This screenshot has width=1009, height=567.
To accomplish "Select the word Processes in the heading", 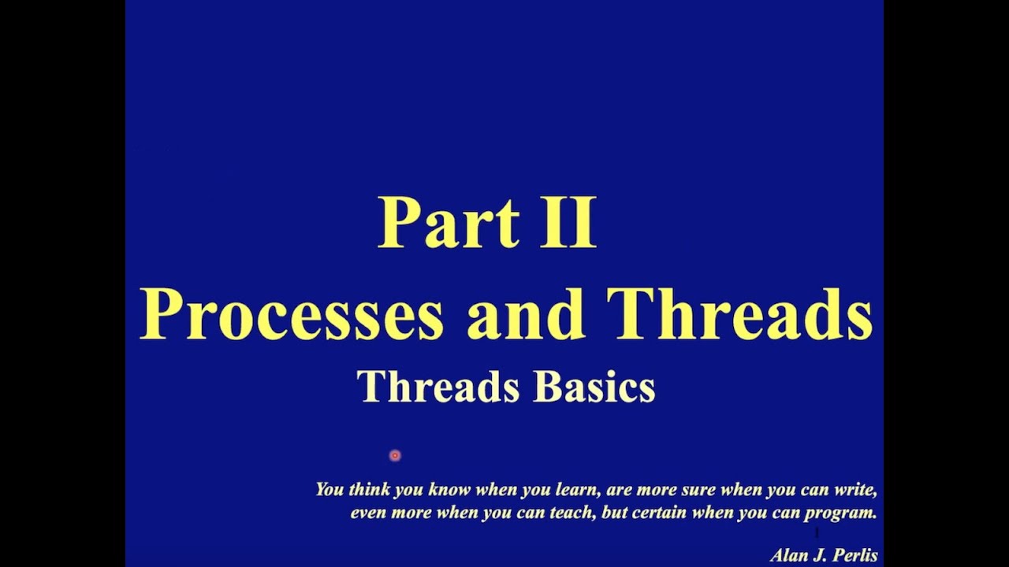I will [291, 313].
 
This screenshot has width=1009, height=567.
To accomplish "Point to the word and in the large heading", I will [525, 313].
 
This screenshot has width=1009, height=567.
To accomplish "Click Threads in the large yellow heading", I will [740, 313].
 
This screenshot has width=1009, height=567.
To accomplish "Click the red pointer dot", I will [395, 455].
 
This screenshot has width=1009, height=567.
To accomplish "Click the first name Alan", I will [789, 555].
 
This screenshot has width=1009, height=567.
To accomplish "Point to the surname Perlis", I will [855, 555].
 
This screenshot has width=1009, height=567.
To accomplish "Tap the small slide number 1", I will [817, 533].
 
